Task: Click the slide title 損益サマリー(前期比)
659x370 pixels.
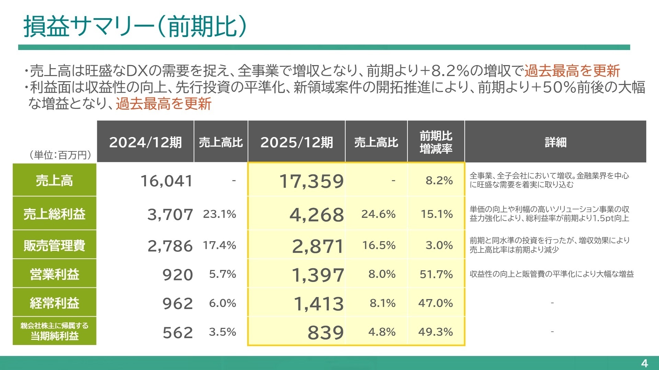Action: tap(135, 27)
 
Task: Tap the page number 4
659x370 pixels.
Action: tap(644, 363)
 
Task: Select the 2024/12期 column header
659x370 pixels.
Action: tap(145, 142)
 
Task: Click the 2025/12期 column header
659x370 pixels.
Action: tap(297, 142)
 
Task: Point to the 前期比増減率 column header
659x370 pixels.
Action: tap(436, 142)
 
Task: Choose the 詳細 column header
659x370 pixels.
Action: tap(555, 142)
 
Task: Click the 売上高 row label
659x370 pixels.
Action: tap(54, 181)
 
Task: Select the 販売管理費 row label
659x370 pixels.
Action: tap(54, 245)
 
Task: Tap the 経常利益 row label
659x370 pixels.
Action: tap(54, 303)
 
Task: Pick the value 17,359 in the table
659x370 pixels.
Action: tap(311, 181)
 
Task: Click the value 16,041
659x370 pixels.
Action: tap(166, 181)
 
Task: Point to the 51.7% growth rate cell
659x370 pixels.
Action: tap(436, 274)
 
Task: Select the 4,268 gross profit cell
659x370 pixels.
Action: tap(316, 215)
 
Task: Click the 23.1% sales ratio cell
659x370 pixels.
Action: tap(219, 214)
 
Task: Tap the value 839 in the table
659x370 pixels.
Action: tap(325, 332)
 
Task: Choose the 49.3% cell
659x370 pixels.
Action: tap(436, 332)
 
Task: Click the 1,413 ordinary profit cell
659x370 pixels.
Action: tap(319, 304)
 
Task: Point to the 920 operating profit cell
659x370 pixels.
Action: tap(177, 275)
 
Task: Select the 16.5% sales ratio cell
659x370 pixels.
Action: tap(379, 245)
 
